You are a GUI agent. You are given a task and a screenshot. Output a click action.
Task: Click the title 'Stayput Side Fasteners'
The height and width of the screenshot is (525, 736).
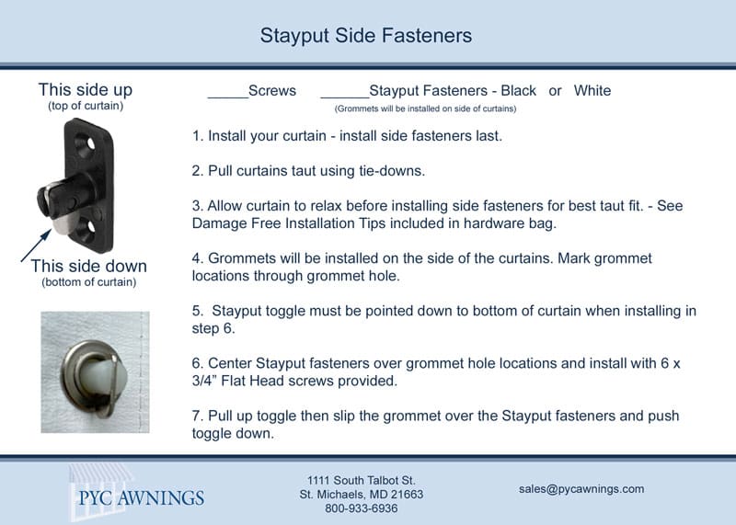pyautogui.click(x=365, y=36)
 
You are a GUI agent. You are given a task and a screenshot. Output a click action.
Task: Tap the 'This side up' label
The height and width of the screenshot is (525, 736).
pyautogui.click(x=86, y=89)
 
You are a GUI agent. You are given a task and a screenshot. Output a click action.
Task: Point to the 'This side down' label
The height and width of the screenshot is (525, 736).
pyautogui.click(x=88, y=266)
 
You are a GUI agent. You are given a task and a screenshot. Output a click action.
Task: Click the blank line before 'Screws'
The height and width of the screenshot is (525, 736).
pyautogui.click(x=227, y=97)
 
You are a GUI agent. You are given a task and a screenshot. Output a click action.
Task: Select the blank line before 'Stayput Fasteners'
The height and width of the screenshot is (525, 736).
pyautogui.click(x=345, y=97)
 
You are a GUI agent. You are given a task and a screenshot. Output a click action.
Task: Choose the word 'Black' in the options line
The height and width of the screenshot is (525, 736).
pyautogui.click(x=518, y=90)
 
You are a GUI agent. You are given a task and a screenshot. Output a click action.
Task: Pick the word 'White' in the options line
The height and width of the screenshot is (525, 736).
pyautogui.click(x=592, y=90)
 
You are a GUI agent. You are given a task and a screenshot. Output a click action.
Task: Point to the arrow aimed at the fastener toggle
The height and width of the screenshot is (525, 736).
pyautogui.click(x=36, y=245)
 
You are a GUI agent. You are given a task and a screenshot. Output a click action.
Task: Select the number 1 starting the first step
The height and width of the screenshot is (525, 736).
pyautogui.click(x=197, y=136)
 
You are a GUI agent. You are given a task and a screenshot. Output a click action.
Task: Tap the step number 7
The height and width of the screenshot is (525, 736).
pyautogui.click(x=197, y=416)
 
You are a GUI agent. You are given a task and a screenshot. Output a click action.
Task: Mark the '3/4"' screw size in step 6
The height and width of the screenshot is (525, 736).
pyautogui.click(x=204, y=381)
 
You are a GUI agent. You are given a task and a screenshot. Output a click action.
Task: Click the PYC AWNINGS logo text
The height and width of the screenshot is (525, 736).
pyautogui.click(x=142, y=497)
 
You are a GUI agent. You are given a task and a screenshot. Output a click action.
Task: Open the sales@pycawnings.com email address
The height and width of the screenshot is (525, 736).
pyautogui.click(x=581, y=489)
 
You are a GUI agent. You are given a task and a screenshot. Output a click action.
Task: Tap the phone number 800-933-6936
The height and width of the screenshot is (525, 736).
pyautogui.click(x=361, y=508)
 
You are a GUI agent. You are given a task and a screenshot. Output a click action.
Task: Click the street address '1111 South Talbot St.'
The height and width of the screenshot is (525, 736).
pyautogui.click(x=361, y=481)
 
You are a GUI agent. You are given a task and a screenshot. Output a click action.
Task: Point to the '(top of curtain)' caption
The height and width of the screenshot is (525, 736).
pyautogui.click(x=86, y=106)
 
